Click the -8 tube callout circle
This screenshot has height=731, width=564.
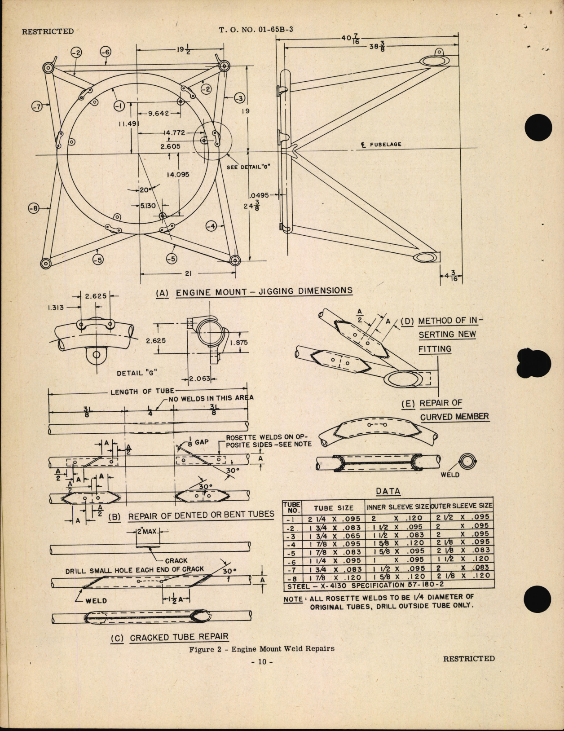pos(34,208)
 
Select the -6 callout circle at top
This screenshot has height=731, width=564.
pos(105,52)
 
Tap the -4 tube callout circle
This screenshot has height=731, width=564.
pos(212,226)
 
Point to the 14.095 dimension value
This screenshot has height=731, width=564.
pos(178,175)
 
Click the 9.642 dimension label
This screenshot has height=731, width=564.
pos(159,113)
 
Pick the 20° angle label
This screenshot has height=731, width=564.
pos(145,190)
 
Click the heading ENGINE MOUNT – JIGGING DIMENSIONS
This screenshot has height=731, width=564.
pos(264,291)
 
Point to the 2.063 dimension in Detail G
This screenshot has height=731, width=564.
pos(200,379)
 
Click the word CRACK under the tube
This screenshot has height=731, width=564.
pos(176,560)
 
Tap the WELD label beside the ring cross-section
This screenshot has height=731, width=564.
pos(449,475)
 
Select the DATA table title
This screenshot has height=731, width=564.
pos(388,491)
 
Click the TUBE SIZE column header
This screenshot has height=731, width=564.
pos(333,508)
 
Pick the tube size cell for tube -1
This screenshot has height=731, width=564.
pos(334,518)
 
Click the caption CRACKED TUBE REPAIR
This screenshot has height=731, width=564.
pos(179,637)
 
